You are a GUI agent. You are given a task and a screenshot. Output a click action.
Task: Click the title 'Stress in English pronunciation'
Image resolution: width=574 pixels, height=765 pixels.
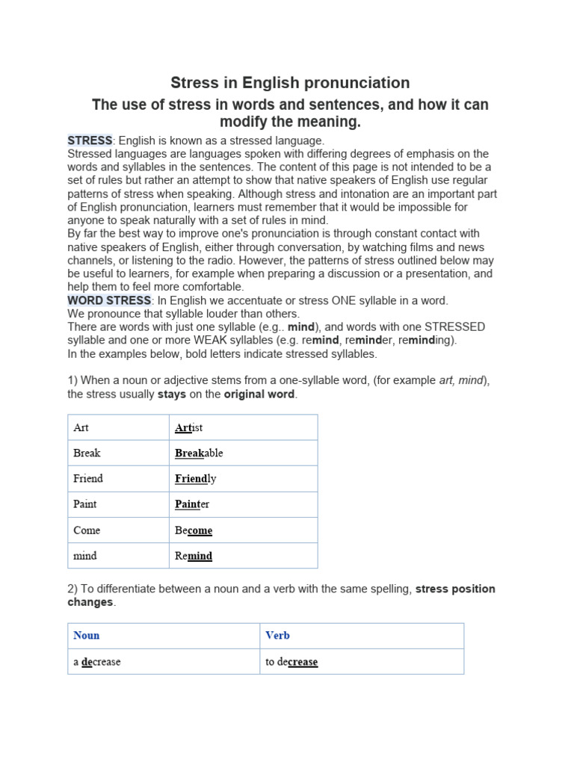(x=290, y=82)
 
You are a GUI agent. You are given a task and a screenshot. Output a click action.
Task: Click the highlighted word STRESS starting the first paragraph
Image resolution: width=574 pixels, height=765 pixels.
(x=90, y=140)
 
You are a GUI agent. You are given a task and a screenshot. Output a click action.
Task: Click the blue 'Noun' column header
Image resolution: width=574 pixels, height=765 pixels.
(x=87, y=636)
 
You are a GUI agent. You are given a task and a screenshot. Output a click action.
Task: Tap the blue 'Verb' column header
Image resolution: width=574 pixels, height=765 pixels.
(x=277, y=636)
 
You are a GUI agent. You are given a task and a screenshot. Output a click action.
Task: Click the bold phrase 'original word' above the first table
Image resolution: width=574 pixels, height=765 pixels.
(x=259, y=394)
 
